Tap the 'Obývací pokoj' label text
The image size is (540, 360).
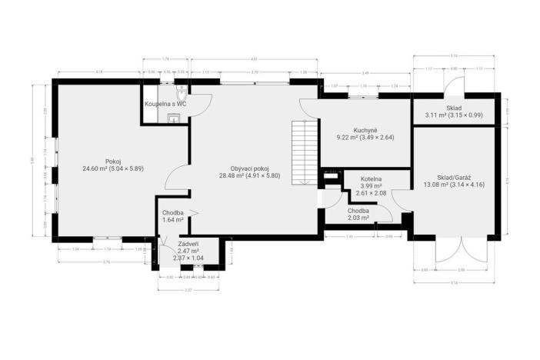(x=249, y=168)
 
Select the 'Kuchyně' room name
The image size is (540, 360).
(x=365, y=130)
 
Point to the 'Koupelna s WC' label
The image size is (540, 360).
(x=166, y=103)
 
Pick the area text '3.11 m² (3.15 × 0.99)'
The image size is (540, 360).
(x=453, y=115)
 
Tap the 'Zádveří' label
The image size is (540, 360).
(x=188, y=244)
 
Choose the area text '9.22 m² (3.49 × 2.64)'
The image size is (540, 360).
(x=365, y=137)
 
